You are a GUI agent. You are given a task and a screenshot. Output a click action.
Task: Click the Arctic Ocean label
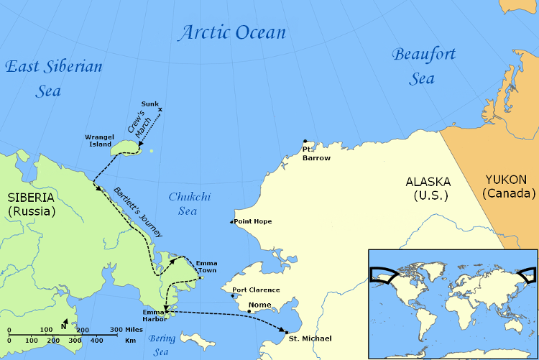click(232, 32)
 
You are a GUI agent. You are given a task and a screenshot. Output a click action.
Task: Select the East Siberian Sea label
click(53, 78)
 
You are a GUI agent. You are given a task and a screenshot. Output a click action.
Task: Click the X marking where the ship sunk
click(160, 110)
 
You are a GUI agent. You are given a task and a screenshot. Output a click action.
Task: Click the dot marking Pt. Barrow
click(305, 142)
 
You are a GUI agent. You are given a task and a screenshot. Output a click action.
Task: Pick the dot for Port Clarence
click(234, 295)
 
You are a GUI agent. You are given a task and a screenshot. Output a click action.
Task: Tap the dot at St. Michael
click(286, 331)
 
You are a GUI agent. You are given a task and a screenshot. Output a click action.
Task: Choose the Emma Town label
click(206, 267)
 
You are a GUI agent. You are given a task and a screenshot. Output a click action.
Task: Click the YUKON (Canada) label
click(510, 187)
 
